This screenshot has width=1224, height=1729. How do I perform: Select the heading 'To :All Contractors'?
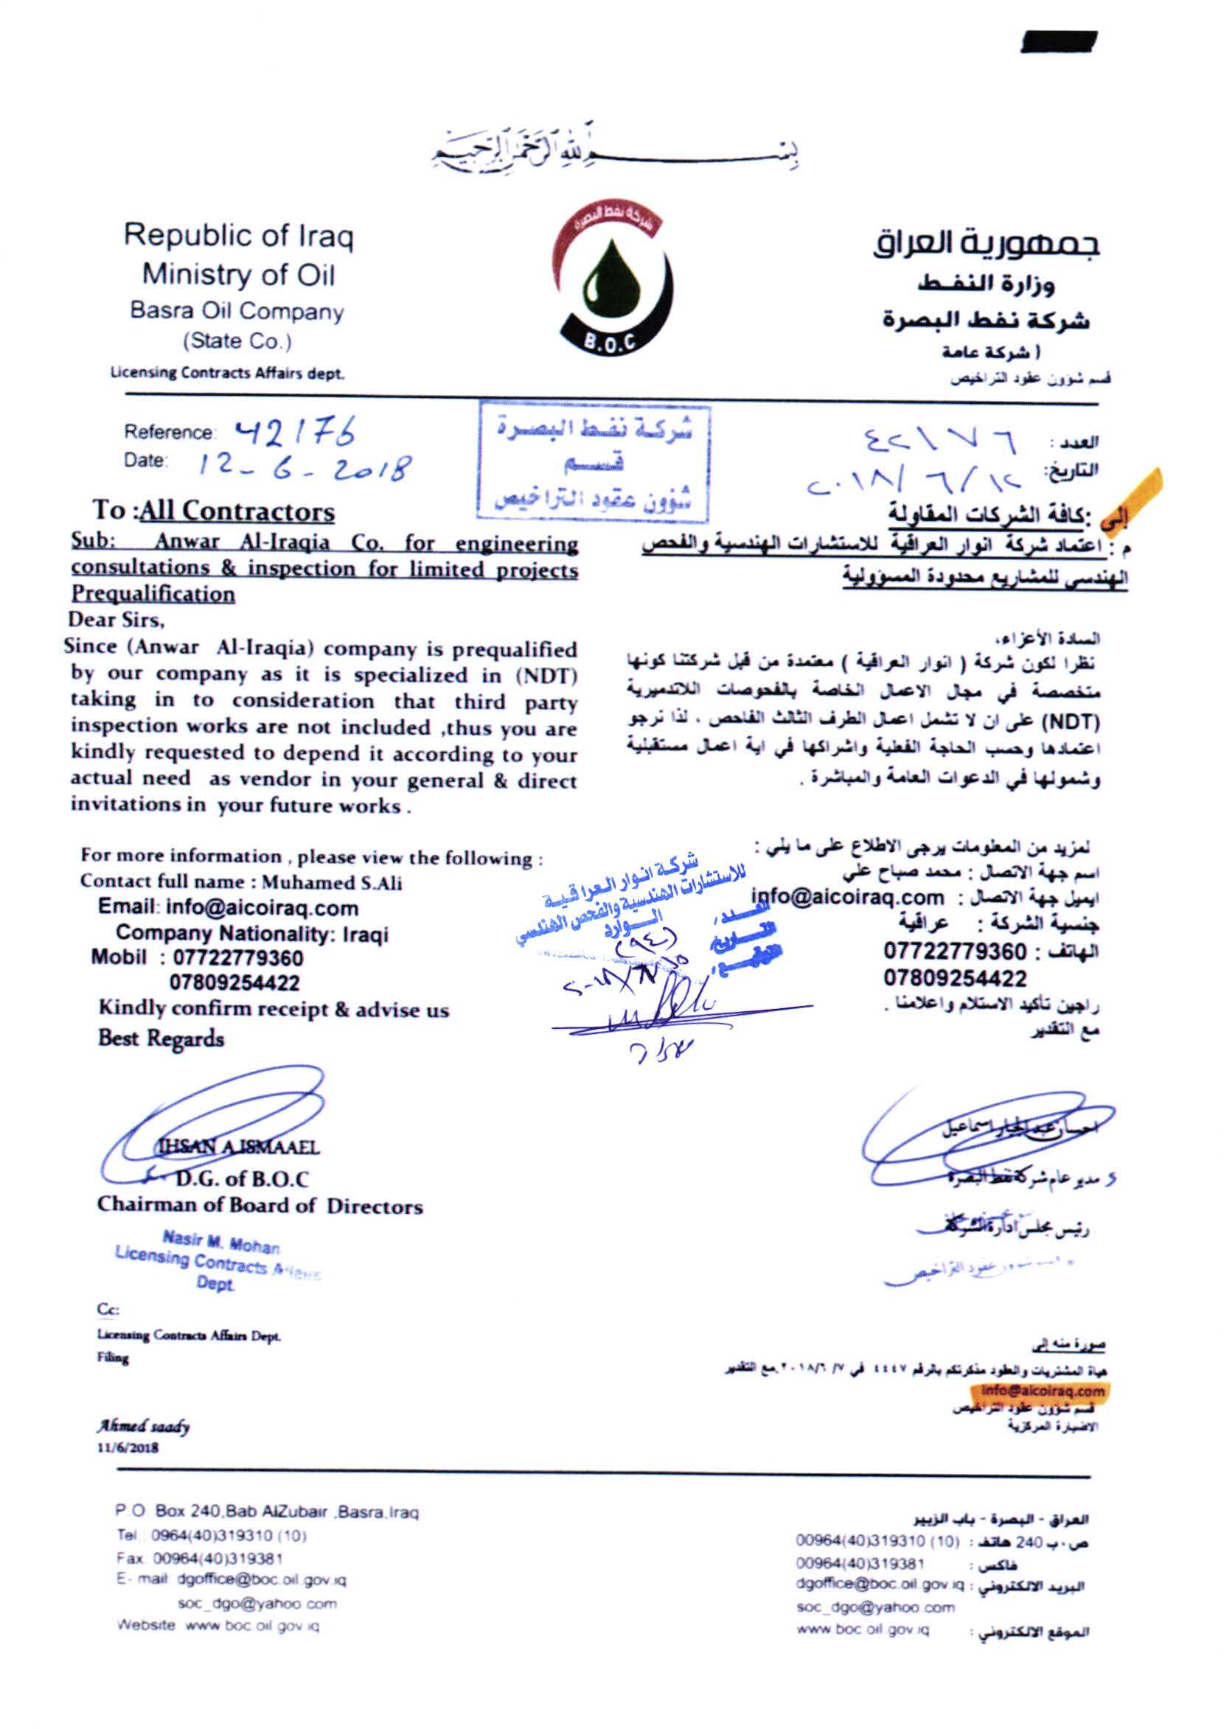(x=214, y=511)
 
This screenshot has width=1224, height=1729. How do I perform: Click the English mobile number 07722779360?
(x=238, y=958)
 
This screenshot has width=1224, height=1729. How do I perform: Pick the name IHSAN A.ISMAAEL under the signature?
(x=237, y=1148)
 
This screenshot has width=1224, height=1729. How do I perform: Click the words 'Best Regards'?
(x=161, y=1038)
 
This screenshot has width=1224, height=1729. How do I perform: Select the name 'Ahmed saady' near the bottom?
(x=143, y=1426)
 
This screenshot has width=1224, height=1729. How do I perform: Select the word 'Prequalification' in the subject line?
(x=153, y=595)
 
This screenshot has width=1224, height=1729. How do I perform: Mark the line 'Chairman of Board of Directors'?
(x=260, y=1206)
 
